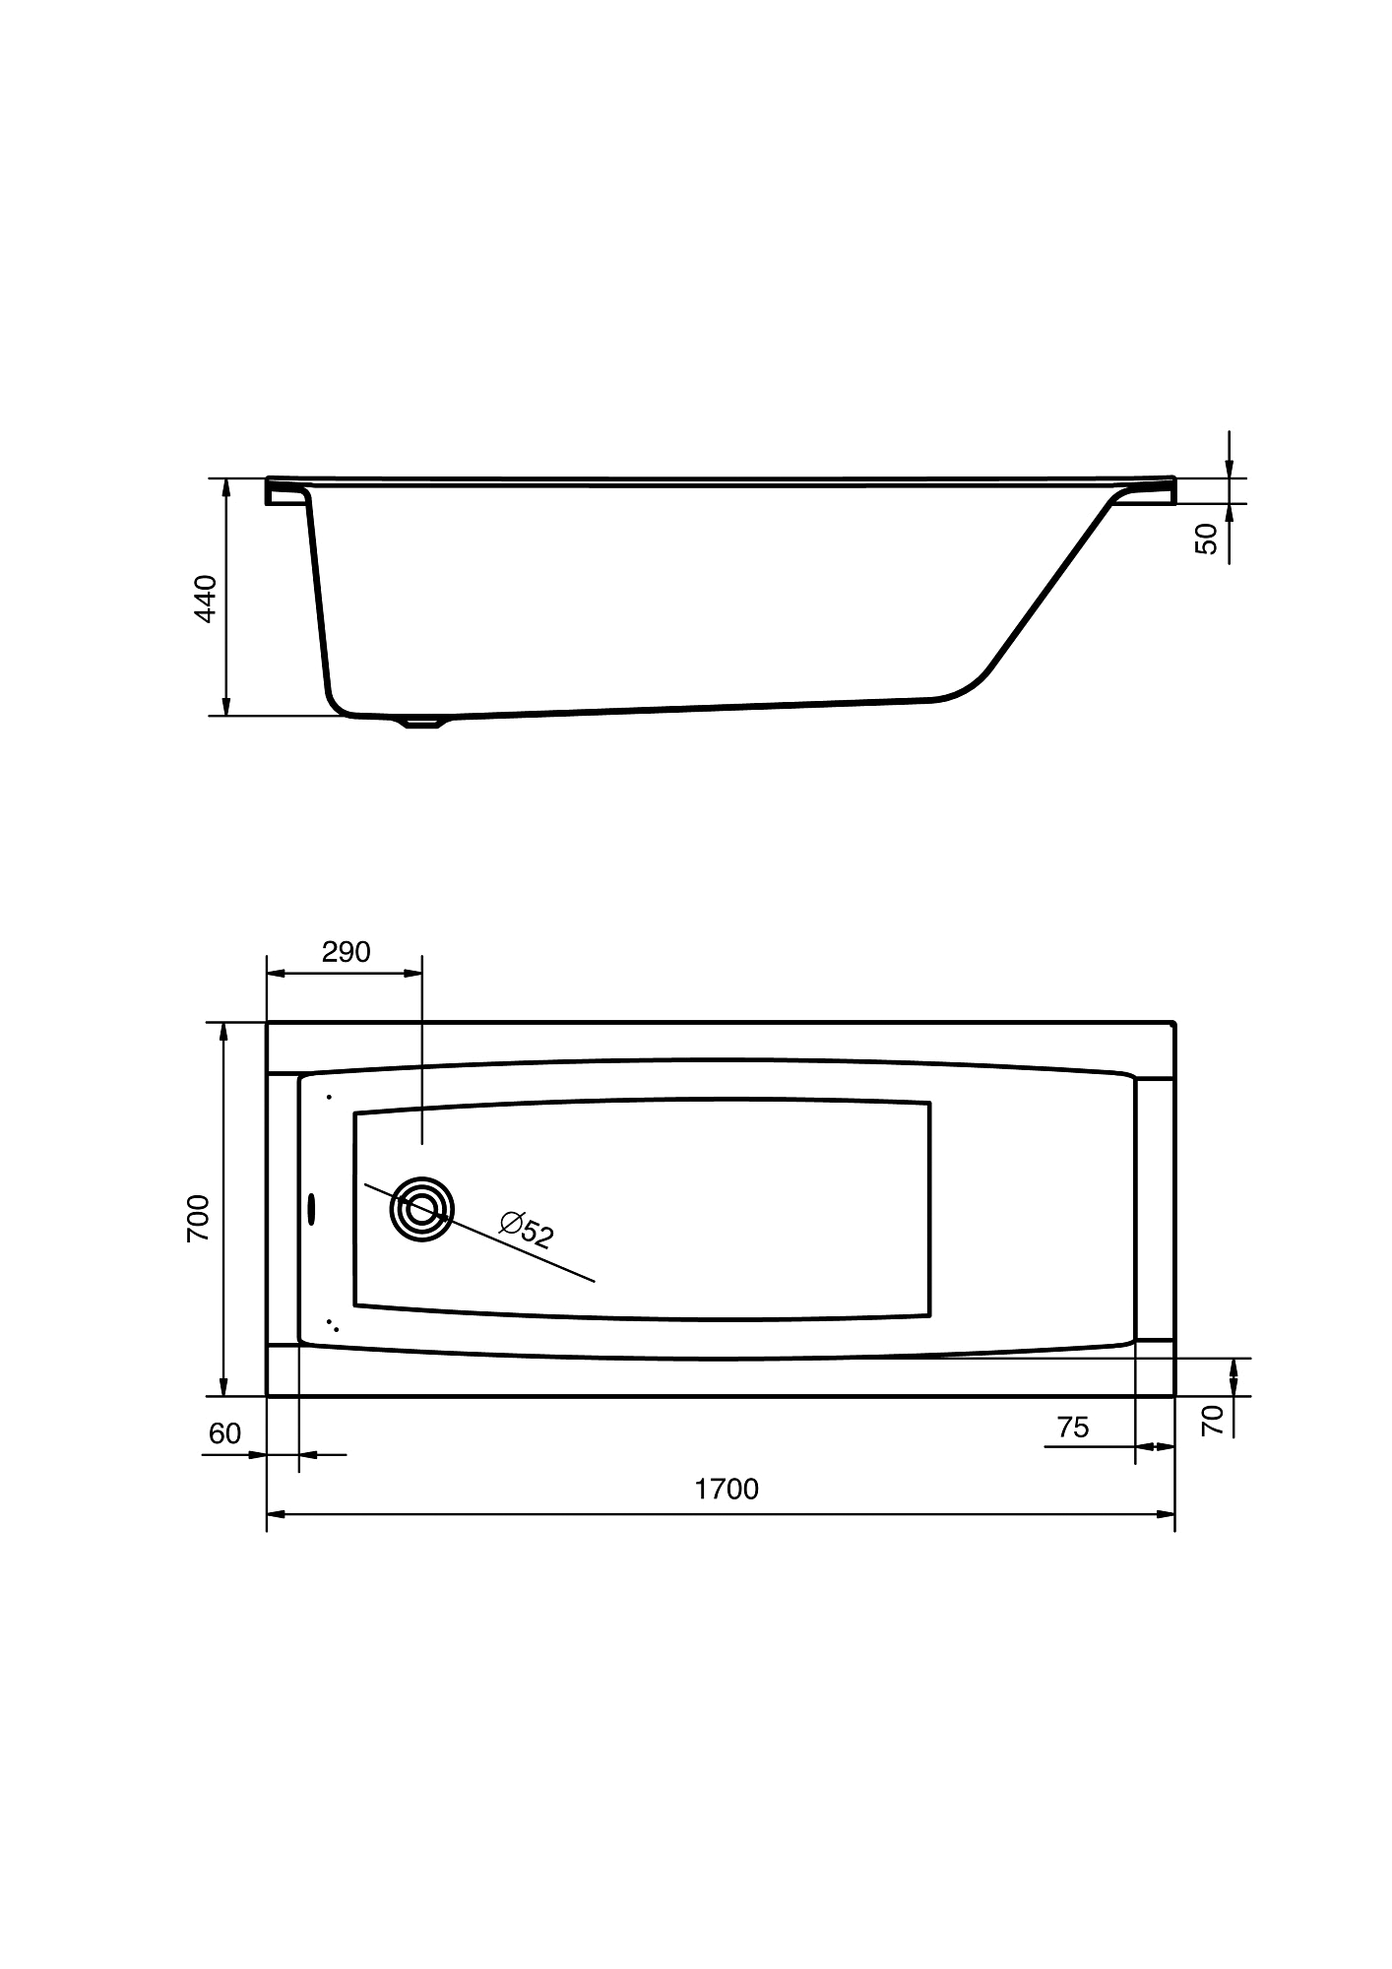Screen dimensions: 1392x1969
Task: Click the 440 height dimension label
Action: pyautogui.click(x=205, y=598)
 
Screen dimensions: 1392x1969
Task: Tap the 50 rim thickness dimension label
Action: pyautogui.click(x=1206, y=539)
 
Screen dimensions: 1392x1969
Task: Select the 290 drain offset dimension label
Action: pyautogui.click(x=346, y=952)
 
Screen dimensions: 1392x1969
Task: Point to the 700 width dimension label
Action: pyautogui.click(x=198, y=1218)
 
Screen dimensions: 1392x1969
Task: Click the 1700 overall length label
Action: pyautogui.click(x=727, y=1489)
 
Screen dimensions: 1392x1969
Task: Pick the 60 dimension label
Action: pyautogui.click(x=225, y=1433)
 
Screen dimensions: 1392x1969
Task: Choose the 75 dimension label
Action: pyautogui.click(x=1073, y=1427)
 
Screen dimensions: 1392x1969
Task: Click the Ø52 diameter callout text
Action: pyautogui.click(x=527, y=1230)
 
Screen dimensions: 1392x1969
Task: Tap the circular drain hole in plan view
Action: pyautogui.click(x=422, y=1208)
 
